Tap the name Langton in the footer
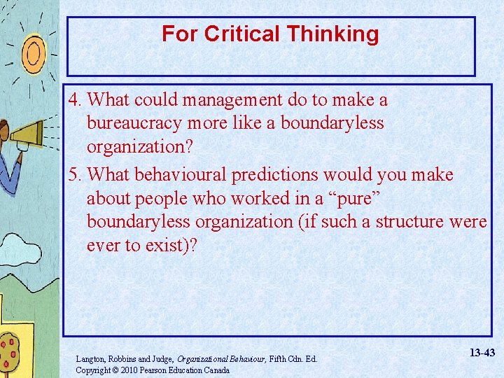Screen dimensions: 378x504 click(x=91, y=359)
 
